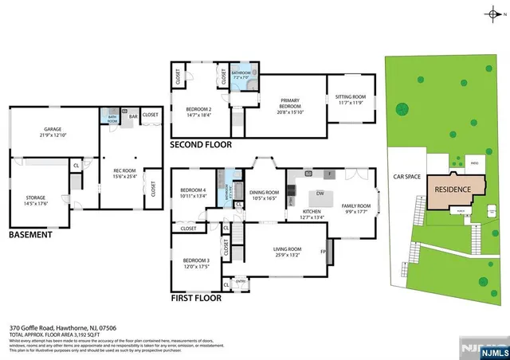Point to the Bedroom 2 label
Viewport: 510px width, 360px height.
pos(198,112)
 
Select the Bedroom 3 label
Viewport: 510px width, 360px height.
pos(196,264)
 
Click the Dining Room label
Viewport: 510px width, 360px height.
pos(265,195)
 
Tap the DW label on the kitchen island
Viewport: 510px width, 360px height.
pos(319,194)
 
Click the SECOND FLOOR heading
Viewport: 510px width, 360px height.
pos(201,146)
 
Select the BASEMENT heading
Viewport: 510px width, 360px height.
pos(30,235)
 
